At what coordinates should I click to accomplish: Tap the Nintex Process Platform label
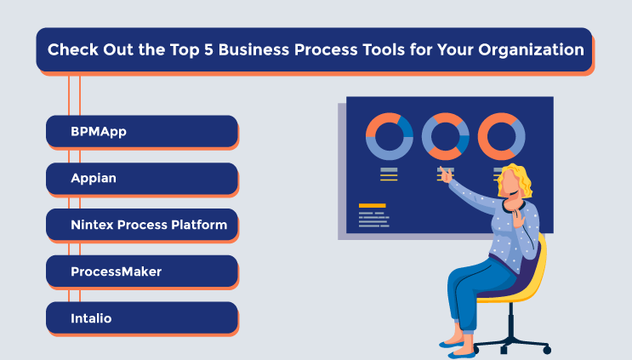tap(148, 225)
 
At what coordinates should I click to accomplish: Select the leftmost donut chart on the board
tap(390, 136)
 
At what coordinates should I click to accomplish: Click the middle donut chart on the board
tap(445, 136)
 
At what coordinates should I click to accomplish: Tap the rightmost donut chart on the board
tap(501, 136)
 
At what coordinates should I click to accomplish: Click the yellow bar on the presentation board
tap(372, 205)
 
